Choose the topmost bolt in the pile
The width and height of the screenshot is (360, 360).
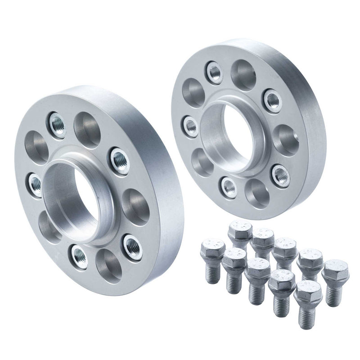point(240,232)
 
